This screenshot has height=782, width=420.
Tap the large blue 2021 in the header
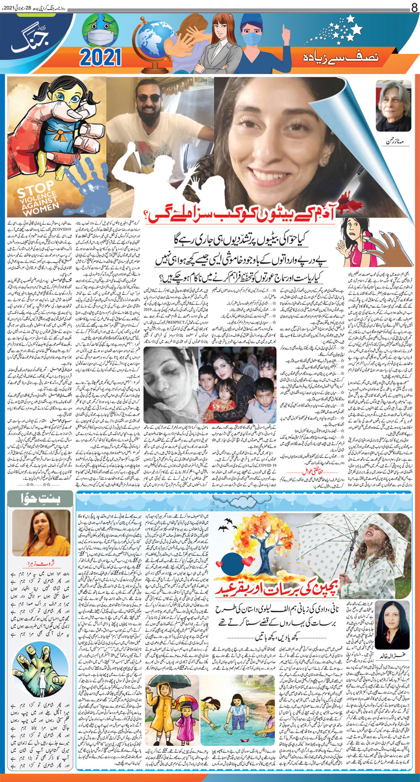point(100,57)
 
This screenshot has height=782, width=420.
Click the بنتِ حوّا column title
point(41,499)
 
